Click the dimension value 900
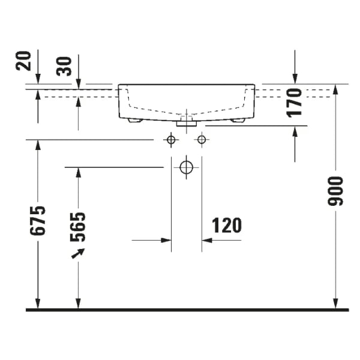[x=335, y=191]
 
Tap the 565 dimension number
[x=77, y=226]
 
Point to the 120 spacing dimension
[x=227, y=225]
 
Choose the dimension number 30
[x=65, y=65]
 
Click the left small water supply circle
[x=171, y=140]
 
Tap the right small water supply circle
[x=202, y=140]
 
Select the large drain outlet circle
[x=187, y=167]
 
